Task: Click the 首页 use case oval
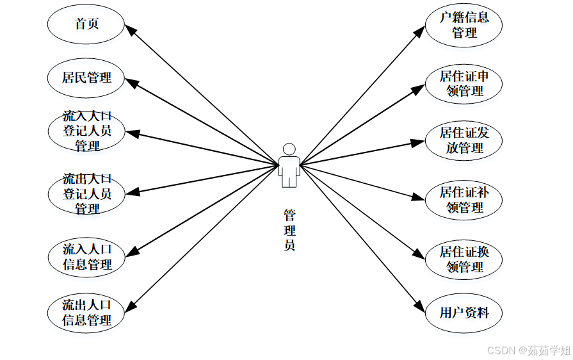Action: (86, 24)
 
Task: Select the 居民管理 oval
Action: (86, 78)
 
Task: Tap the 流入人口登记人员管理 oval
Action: (86, 131)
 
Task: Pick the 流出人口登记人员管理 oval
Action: (86, 193)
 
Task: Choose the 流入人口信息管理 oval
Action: (86, 256)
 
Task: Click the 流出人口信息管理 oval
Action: (86, 312)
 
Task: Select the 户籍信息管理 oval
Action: (464, 25)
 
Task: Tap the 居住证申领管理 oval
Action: (464, 83)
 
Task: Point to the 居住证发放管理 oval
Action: (464, 140)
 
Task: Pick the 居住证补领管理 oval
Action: (464, 199)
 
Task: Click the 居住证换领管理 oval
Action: (464, 259)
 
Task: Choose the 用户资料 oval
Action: (464, 313)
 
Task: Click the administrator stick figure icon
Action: (289, 165)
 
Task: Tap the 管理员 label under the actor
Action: (289, 229)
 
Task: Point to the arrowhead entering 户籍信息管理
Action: (420, 30)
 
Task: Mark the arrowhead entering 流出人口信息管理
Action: (130, 306)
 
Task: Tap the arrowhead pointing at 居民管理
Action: (130, 82)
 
